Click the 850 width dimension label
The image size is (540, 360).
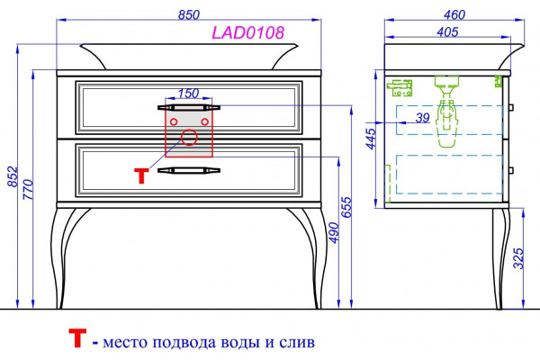coord(189,14)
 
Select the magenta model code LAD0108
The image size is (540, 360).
coord(248,32)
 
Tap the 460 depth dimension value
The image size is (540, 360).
coord(454,14)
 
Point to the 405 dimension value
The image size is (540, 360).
coord(447,32)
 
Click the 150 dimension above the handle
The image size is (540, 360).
coord(188,93)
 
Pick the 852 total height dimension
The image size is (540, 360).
coord(13,176)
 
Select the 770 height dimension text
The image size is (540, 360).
coord(28,189)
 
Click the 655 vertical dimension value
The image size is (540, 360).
coord(346,207)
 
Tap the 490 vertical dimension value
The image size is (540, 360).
coord(334,232)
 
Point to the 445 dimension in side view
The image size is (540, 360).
coord(371,139)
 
